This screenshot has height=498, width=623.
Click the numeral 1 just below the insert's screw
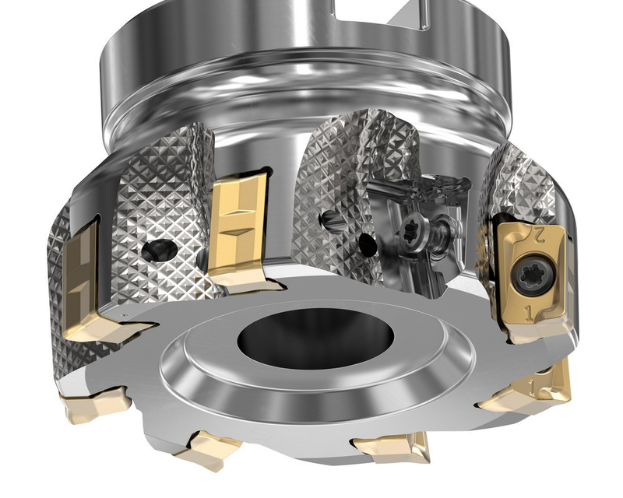pyautogui.click(x=530, y=312)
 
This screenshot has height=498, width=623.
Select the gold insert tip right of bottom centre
pyautogui.click(x=393, y=447)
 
